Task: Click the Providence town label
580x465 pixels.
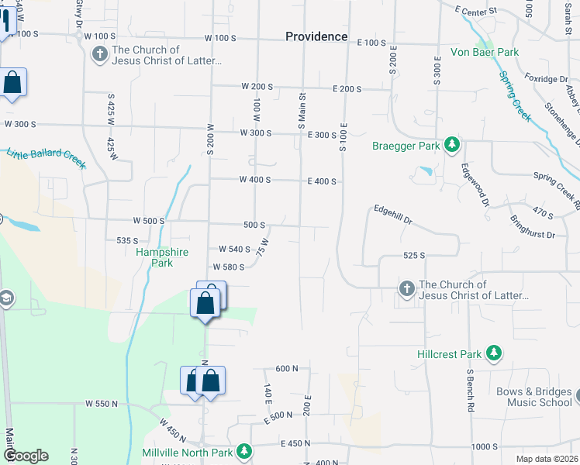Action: (x=316, y=36)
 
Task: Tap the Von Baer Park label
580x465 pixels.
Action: (x=485, y=53)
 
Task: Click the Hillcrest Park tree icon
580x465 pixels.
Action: (x=493, y=354)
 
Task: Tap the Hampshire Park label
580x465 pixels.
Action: (x=154, y=257)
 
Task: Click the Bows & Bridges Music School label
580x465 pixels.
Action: (x=539, y=397)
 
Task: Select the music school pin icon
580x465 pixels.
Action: (x=577, y=397)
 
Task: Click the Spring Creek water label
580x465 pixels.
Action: (x=514, y=96)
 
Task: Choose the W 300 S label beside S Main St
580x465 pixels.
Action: (x=256, y=133)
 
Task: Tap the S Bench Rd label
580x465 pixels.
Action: (x=469, y=390)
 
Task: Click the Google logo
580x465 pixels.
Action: (x=26, y=455)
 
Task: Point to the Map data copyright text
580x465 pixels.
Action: (x=547, y=459)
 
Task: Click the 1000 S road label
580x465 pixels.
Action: (x=485, y=446)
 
